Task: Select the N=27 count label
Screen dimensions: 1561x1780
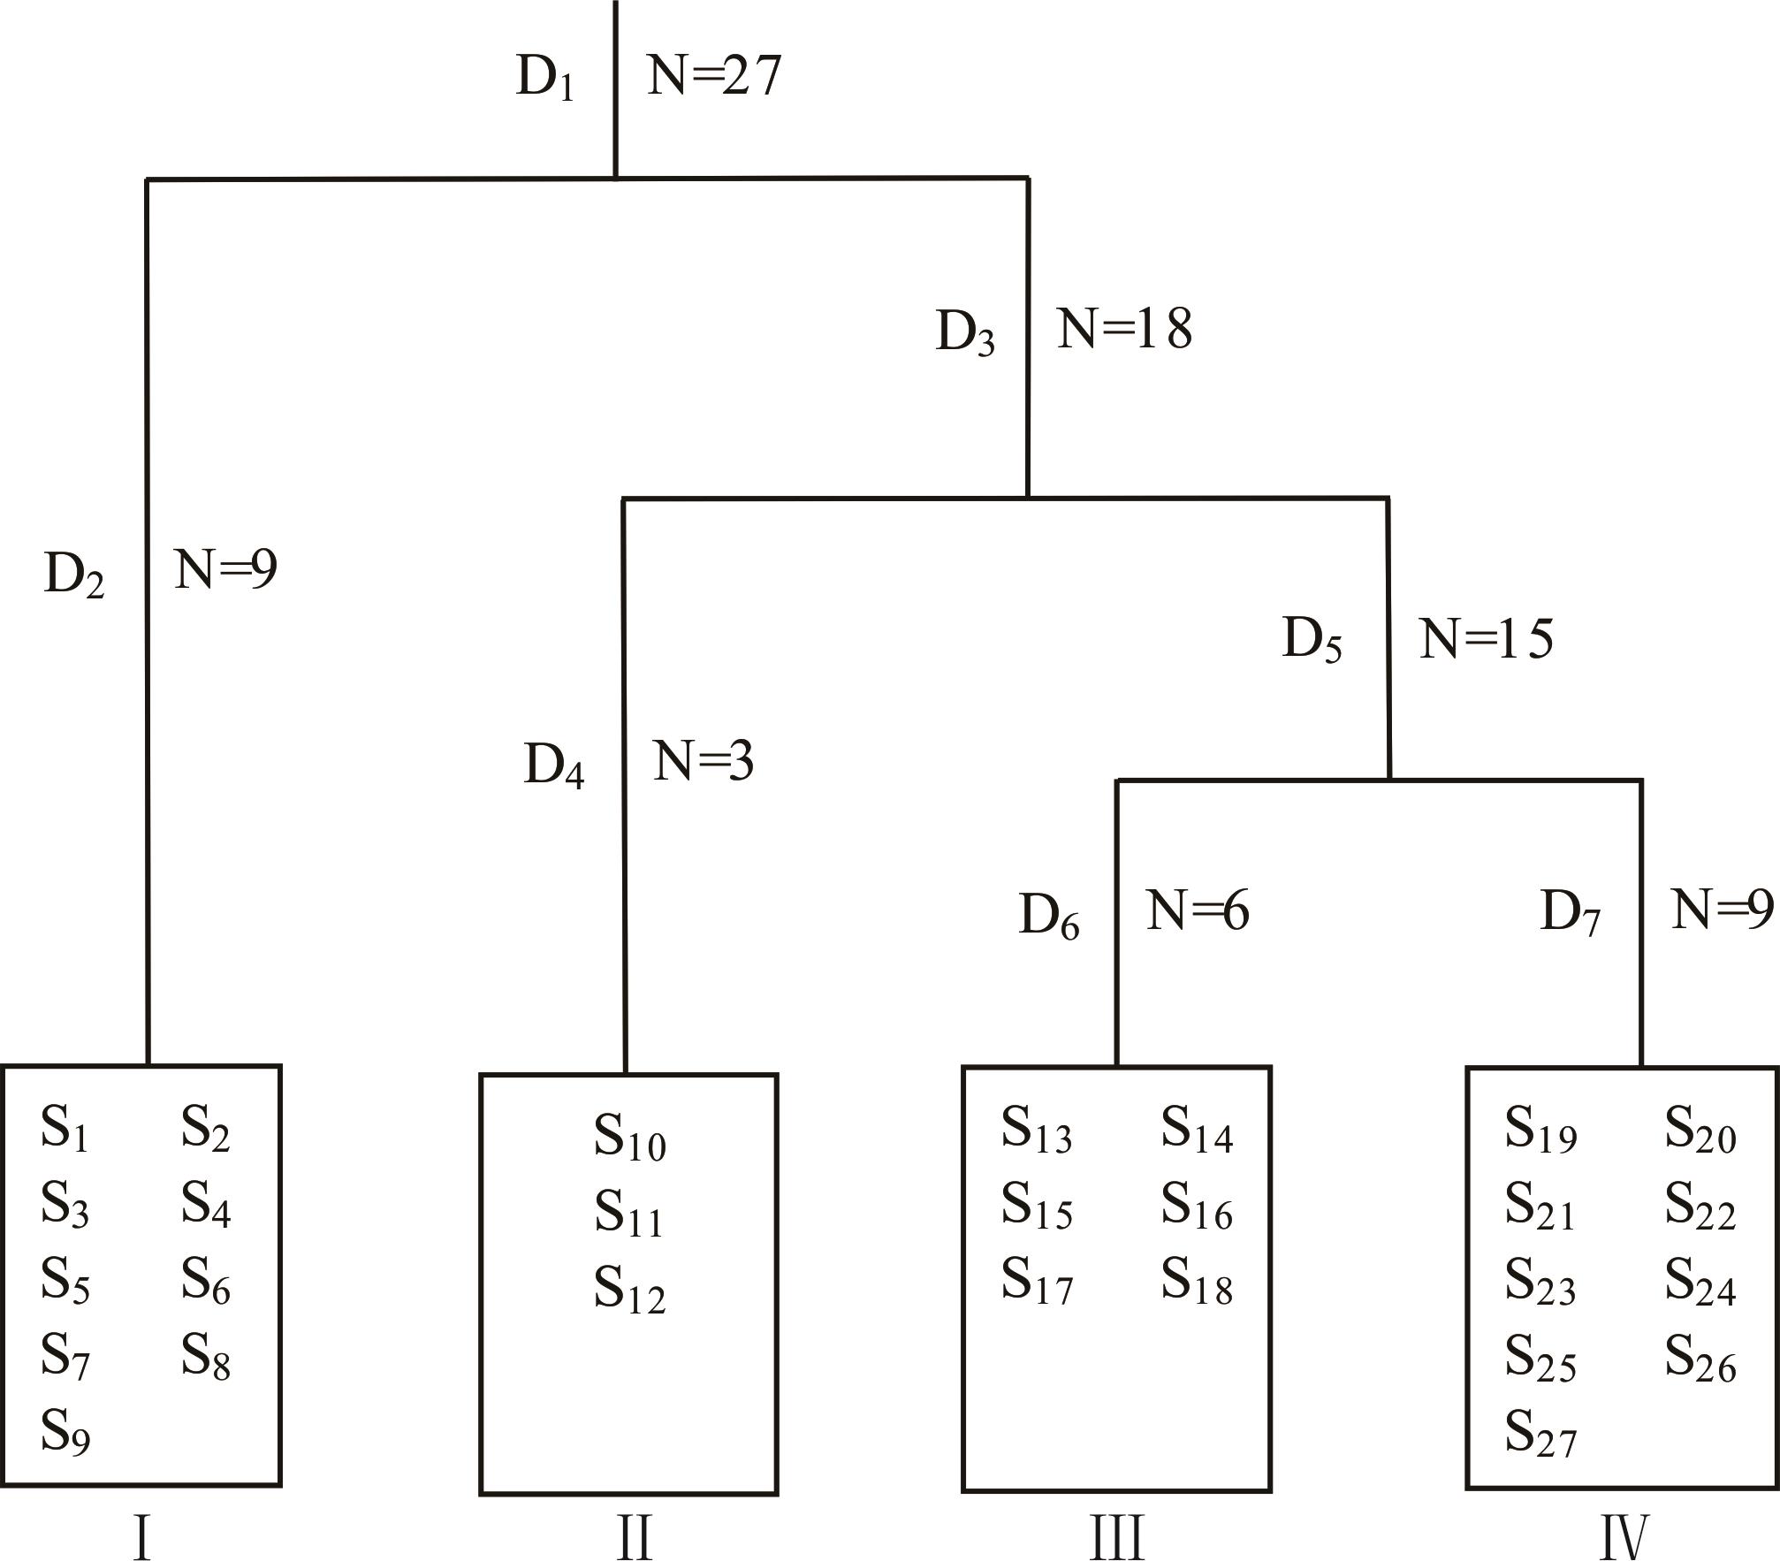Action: tap(714, 75)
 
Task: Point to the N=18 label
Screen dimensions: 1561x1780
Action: tap(1124, 329)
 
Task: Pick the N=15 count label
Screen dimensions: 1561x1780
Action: tap(1486, 639)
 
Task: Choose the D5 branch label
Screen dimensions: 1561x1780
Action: tap(1312, 640)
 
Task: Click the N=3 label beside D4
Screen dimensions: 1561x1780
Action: tap(704, 761)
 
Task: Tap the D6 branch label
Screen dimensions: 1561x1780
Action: tap(1049, 917)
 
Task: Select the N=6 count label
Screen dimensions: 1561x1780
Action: tap(1198, 910)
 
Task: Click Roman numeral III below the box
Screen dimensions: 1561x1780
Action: tap(1117, 1538)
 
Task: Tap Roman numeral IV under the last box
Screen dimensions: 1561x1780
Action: tap(1624, 1538)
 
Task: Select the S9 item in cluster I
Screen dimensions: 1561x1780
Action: tap(65, 1433)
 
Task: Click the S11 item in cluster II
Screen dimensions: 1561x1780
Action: tap(628, 1215)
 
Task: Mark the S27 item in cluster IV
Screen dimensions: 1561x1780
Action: tap(1540, 1435)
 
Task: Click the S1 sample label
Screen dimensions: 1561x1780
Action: tap(65, 1131)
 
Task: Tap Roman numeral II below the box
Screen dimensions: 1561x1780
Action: tap(634, 1538)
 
